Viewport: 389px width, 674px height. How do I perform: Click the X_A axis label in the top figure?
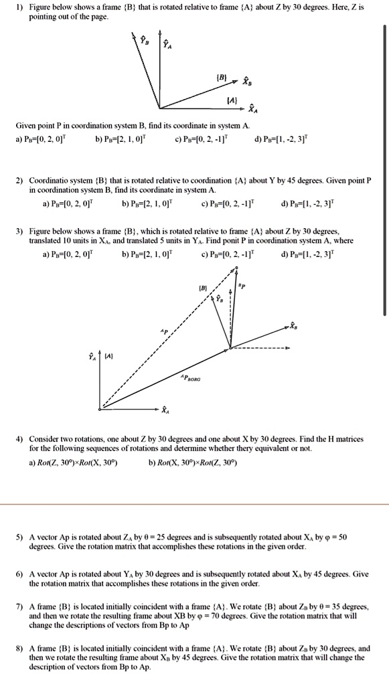(250, 110)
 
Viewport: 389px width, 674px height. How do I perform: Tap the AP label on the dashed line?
(164, 331)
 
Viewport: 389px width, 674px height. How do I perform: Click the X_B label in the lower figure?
(292, 326)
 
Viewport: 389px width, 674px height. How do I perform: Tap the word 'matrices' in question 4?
(347, 439)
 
